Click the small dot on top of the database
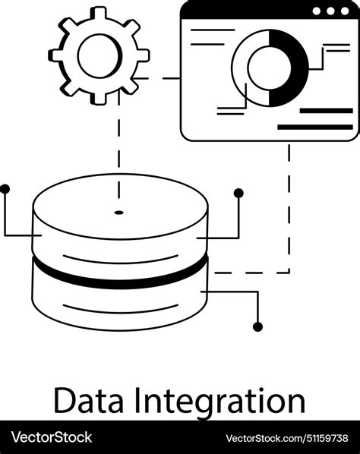pos(118,211)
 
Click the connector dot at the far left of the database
pos(5,187)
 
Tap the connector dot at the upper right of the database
pos(238,194)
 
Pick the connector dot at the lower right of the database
pos(257,326)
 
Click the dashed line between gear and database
pos(118,144)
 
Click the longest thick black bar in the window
pos(315,127)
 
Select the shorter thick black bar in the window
pos(327,111)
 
